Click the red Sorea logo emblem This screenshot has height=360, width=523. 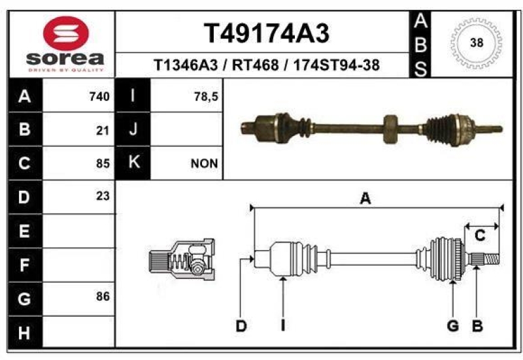click(x=66, y=33)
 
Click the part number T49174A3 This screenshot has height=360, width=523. click(x=267, y=33)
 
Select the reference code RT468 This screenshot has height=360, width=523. click(x=255, y=65)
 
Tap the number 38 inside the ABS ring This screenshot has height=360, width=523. click(x=477, y=43)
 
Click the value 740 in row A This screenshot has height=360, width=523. click(x=99, y=97)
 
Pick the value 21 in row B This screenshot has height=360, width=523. click(x=103, y=131)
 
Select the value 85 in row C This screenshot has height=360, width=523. click(x=103, y=164)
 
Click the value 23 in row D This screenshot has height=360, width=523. click(x=103, y=196)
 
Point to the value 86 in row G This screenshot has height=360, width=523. click(x=103, y=297)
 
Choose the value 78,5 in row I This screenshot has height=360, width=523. click(x=206, y=97)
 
